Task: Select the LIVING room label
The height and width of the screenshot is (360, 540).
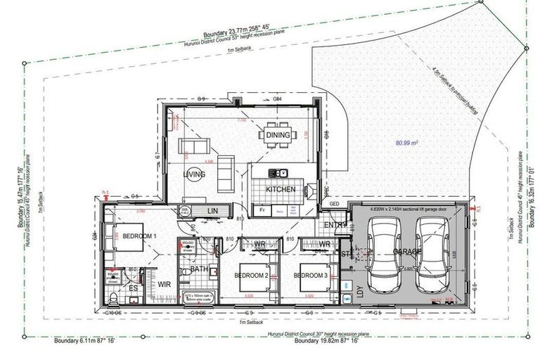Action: (194, 174)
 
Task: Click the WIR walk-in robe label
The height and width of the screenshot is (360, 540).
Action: (165, 284)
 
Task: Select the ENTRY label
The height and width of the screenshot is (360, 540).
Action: (335, 225)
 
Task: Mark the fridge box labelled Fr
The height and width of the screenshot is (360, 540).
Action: (262, 210)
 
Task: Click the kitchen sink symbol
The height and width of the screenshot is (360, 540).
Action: (279, 173)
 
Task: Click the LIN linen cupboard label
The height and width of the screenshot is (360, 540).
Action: (212, 210)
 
